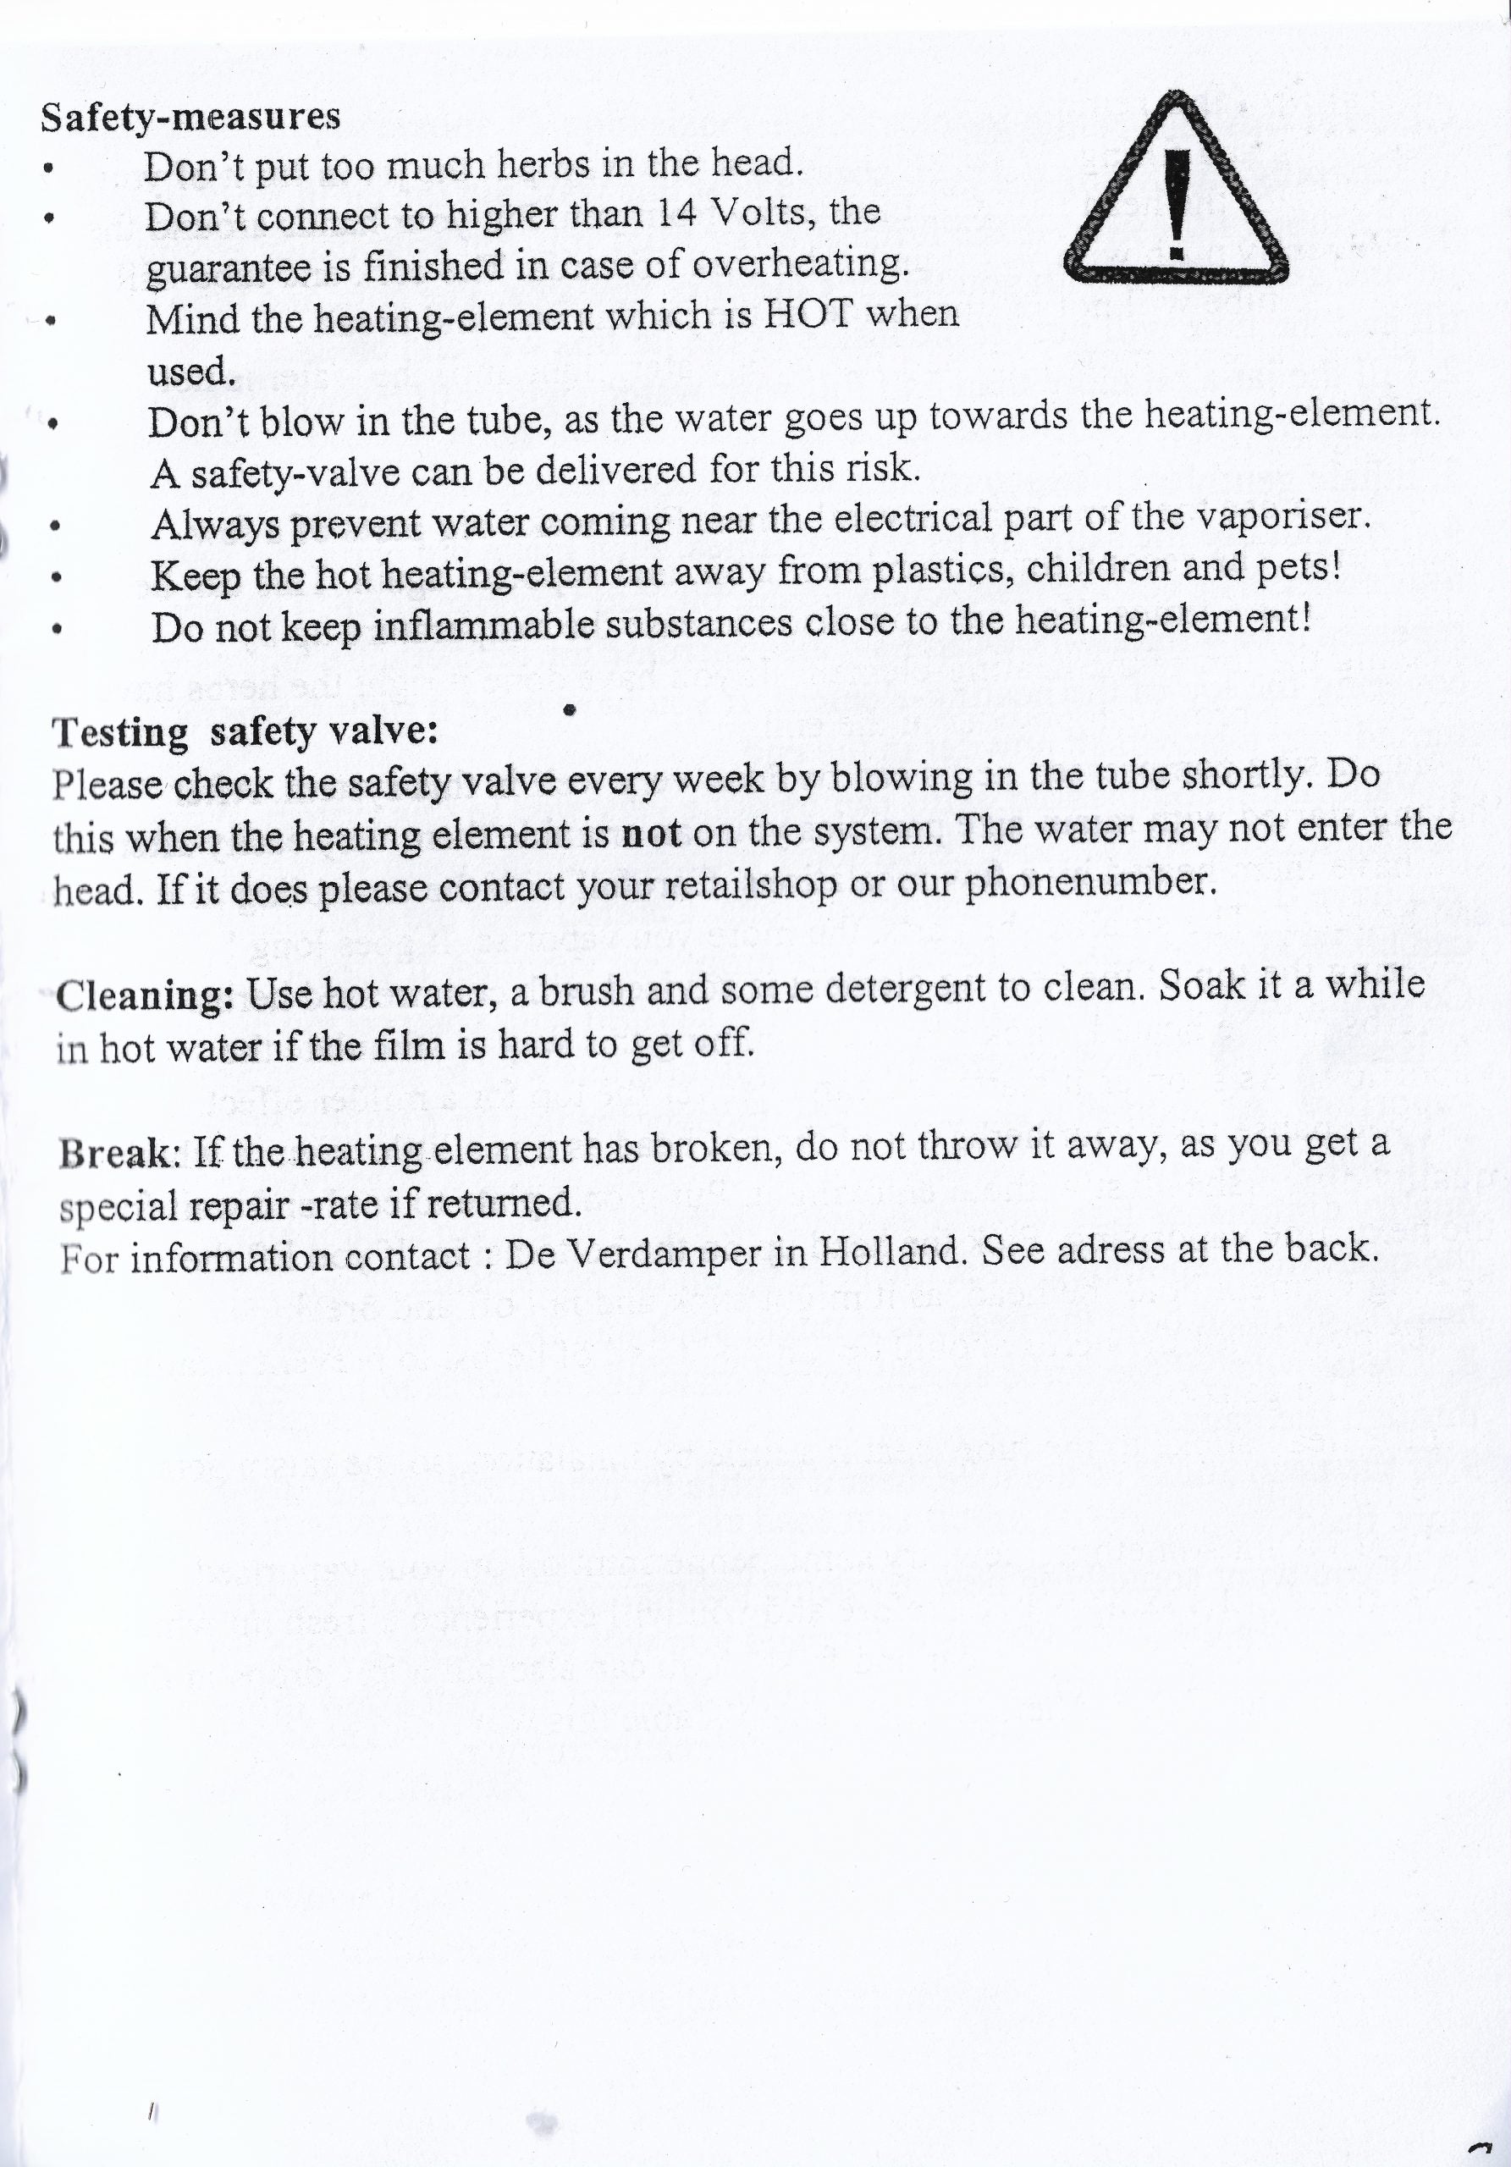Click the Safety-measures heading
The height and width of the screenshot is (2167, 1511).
[190, 117]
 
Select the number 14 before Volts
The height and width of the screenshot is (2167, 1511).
[676, 213]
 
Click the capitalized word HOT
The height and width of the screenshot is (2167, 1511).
[808, 313]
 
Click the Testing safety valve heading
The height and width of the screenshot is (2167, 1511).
[245, 732]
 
